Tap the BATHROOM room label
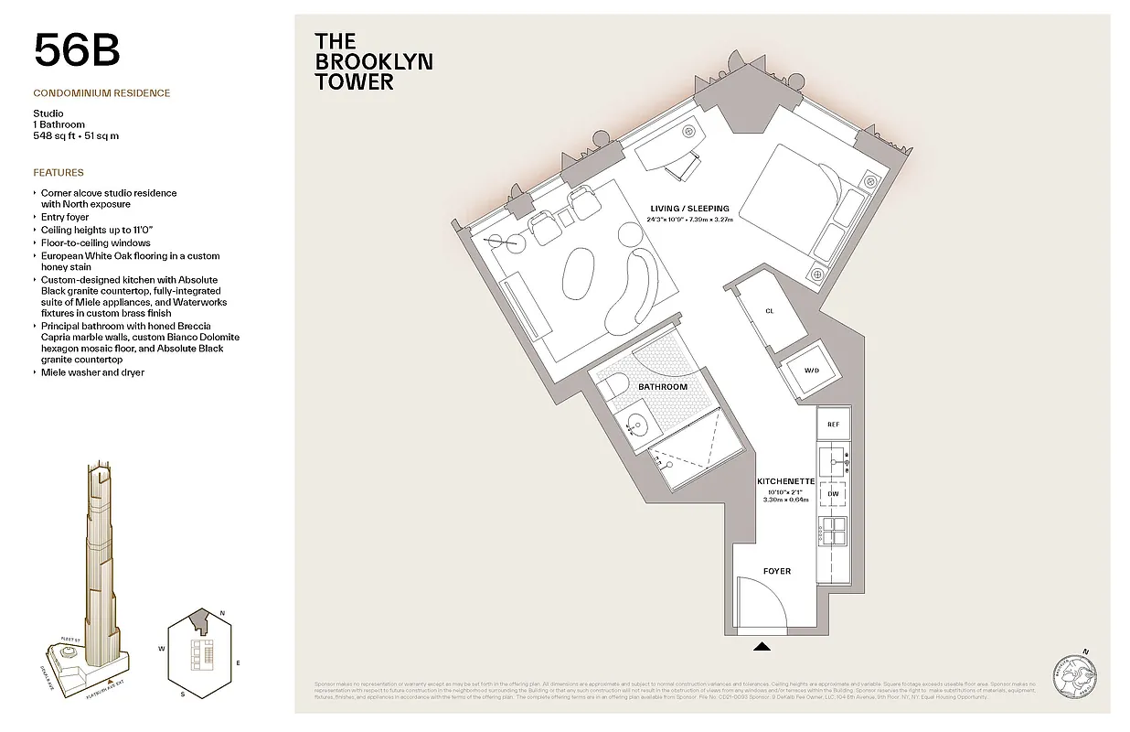pos(662,387)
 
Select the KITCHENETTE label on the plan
pos(785,481)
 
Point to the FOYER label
pos(776,571)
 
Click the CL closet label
pos(769,311)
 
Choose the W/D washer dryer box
pos(811,371)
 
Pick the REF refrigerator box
pos(833,425)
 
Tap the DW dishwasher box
pos(833,494)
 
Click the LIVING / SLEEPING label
pos(689,209)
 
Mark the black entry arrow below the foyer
pos(762,647)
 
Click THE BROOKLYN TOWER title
pos(373,61)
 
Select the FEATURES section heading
pos(59,172)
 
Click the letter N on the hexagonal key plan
pos(223,614)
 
